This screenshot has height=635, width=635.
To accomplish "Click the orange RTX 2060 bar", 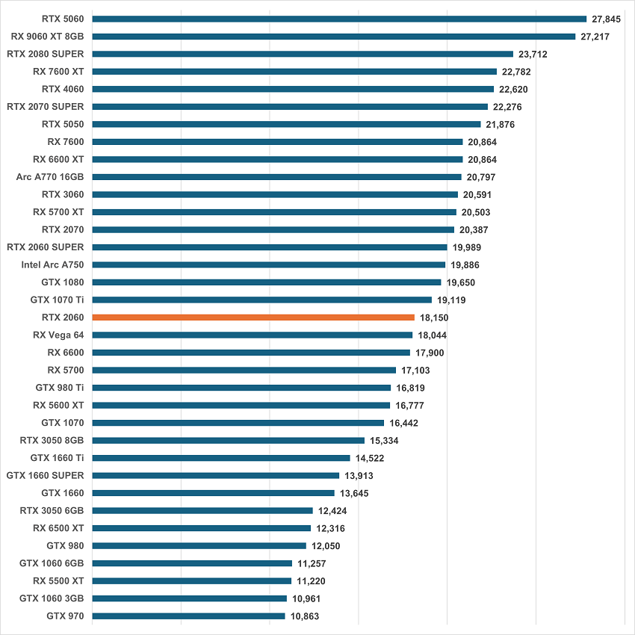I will click(x=253, y=317).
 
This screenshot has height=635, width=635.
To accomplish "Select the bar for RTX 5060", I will click(x=339, y=19).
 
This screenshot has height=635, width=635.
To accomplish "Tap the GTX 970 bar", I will click(x=188, y=616).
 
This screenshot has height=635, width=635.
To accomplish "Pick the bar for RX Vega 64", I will click(x=253, y=335).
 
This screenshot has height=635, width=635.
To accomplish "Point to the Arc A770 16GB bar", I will click(x=276, y=177).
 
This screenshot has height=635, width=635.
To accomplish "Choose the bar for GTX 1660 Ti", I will click(x=221, y=458).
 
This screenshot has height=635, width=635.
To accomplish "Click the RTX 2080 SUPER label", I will click(x=46, y=54).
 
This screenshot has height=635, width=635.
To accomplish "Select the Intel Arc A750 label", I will click(x=53, y=264).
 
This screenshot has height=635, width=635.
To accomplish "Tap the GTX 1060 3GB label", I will click(x=52, y=598).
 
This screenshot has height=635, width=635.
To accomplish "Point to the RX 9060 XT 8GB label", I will click(x=48, y=36).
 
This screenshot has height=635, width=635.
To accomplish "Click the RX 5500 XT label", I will click(x=58, y=580).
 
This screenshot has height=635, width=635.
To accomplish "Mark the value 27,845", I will click(x=607, y=19).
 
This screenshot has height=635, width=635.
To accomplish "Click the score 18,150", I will click(x=434, y=317).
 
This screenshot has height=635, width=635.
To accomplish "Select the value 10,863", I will click(x=306, y=616).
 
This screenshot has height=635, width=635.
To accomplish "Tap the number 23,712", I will click(x=533, y=54).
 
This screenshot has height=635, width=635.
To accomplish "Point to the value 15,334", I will click(x=384, y=441).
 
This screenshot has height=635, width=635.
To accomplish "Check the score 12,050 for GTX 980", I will click(x=326, y=546).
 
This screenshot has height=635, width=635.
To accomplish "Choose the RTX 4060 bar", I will click(x=294, y=89).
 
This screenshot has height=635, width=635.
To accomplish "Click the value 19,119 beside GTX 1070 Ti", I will click(x=452, y=300).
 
